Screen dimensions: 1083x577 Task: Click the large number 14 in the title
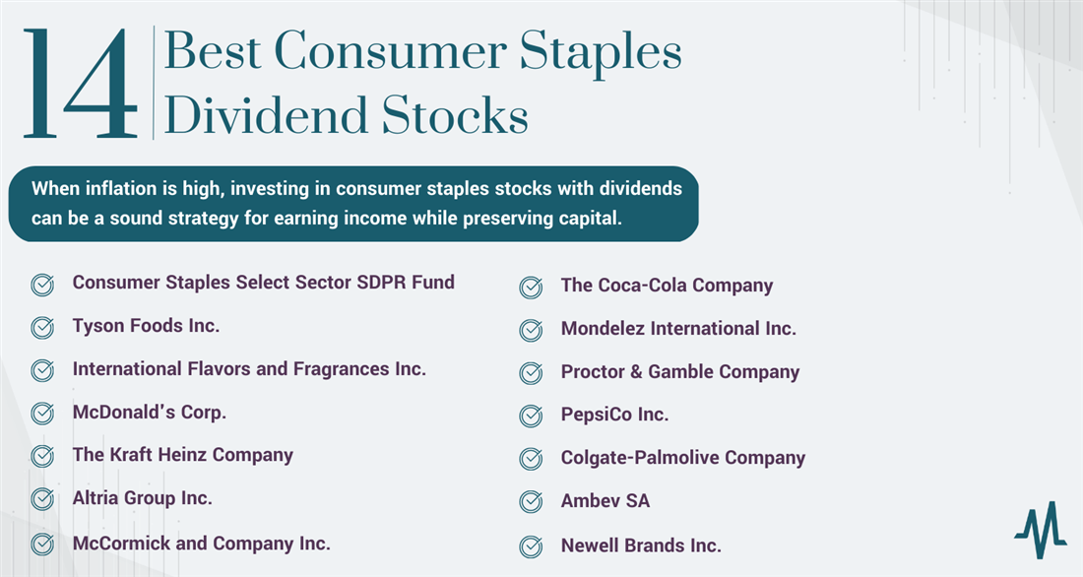[x=80, y=83]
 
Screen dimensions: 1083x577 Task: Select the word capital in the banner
[x=589, y=219]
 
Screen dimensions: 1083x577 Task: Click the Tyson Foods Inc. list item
[x=146, y=326]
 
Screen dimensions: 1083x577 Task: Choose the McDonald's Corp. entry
[x=150, y=412]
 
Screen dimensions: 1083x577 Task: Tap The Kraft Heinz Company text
[x=183, y=455]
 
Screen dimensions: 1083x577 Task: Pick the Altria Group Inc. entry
[x=143, y=498]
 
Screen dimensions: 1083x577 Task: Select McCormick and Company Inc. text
[x=201, y=544]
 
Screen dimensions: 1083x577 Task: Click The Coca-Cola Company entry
[x=667, y=286]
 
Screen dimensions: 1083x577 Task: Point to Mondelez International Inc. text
[x=678, y=328]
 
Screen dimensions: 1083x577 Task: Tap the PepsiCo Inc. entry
[x=614, y=415]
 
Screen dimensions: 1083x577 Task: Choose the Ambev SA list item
[x=605, y=501]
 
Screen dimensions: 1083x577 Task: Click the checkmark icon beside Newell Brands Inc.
[x=531, y=545]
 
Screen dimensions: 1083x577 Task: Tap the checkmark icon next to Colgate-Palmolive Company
[x=531, y=459]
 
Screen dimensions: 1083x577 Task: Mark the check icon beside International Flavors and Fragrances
[x=42, y=370]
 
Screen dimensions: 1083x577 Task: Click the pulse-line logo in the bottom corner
[x=1041, y=530]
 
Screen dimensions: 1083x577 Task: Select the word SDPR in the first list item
[x=381, y=282]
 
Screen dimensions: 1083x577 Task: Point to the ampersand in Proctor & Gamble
[x=636, y=372]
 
